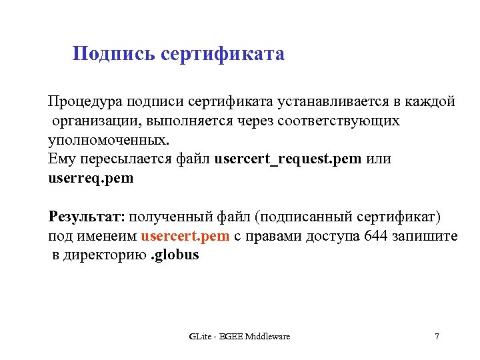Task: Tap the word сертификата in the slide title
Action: tap(223, 54)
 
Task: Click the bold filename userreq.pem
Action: tap(91, 179)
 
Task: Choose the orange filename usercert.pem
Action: tap(185, 237)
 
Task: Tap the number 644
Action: tap(377, 237)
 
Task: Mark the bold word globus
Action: tap(177, 255)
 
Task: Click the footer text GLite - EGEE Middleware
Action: tap(239, 337)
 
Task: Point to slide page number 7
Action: tap(437, 337)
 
